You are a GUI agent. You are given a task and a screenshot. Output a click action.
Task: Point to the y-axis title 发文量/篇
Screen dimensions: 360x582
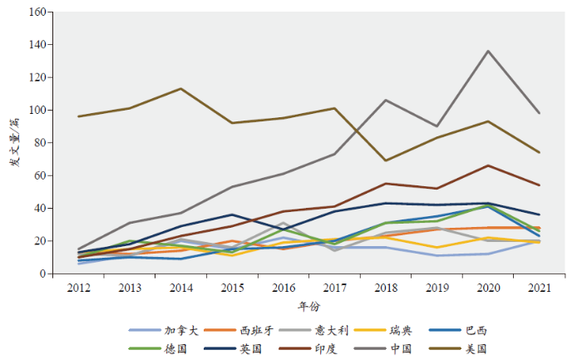click(x=15, y=143)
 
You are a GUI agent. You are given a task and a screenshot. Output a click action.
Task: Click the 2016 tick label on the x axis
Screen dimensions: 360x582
click(x=283, y=287)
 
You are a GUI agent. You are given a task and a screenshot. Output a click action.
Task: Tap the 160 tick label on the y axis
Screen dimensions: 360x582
click(x=36, y=12)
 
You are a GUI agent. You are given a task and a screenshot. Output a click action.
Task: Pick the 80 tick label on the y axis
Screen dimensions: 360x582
click(x=39, y=143)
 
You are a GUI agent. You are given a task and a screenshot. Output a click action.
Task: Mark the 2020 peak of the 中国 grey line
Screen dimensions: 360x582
click(x=488, y=51)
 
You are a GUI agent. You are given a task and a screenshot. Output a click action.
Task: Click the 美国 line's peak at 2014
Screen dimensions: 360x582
click(x=181, y=88)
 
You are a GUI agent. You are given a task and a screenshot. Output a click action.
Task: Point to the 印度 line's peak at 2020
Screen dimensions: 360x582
click(x=488, y=165)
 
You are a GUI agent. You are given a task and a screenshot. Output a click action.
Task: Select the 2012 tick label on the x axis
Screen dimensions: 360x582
click(x=78, y=287)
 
